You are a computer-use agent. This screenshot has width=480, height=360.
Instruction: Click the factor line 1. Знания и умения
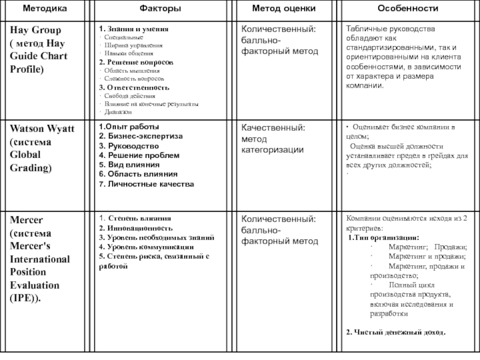pos(134,29)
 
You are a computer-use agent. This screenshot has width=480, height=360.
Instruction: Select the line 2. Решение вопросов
pos(136,62)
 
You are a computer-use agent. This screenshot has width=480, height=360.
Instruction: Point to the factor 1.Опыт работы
pos(129,127)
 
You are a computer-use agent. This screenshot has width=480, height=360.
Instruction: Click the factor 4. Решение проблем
pos(139,155)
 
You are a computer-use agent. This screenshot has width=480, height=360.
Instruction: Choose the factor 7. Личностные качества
pos(146,184)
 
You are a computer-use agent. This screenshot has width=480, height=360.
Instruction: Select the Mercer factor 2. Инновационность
pos(136,228)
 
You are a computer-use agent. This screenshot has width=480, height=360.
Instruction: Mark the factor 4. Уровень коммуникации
pos(146,247)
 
